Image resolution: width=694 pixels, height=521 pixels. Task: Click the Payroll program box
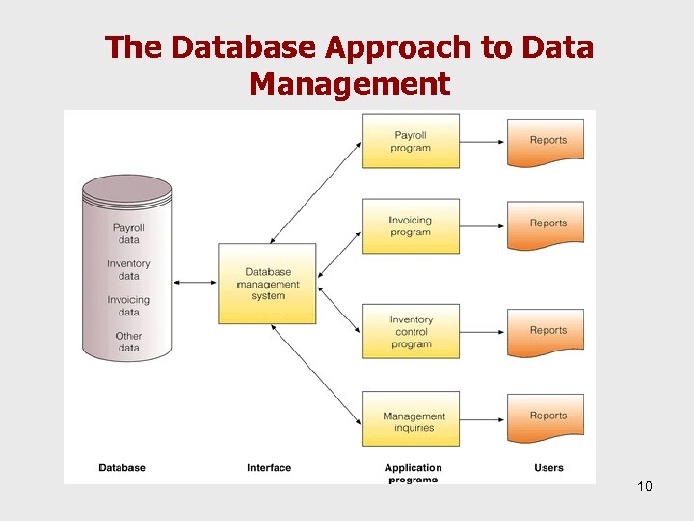[x=411, y=141]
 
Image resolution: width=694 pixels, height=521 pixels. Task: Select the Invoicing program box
[x=411, y=226]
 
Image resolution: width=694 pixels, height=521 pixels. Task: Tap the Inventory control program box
[x=411, y=332]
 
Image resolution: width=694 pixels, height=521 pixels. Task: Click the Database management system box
[x=267, y=284]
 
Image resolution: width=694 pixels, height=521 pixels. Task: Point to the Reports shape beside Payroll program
[x=547, y=142]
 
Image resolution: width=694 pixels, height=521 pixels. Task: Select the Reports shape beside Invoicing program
[x=547, y=225]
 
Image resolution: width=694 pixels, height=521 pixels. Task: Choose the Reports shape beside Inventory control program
[x=547, y=332]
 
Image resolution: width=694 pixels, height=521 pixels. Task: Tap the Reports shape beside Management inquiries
[x=547, y=417]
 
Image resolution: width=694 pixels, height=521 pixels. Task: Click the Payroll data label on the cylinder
[x=128, y=233]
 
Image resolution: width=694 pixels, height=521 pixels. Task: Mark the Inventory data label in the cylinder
[x=128, y=269]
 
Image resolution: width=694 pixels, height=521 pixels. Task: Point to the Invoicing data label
[x=128, y=306]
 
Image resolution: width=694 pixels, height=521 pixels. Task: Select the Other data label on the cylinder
[x=128, y=342]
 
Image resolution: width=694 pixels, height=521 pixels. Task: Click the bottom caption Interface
[x=268, y=468]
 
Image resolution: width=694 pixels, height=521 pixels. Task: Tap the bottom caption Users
[x=548, y=468]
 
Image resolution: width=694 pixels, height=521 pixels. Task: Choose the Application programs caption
[x=413, y=473]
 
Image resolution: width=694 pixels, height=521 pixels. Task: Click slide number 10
[x=644, y=486]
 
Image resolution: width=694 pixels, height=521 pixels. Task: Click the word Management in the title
[x=349, y=84]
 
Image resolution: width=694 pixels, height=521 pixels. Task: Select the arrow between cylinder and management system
[x=195, y=283]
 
